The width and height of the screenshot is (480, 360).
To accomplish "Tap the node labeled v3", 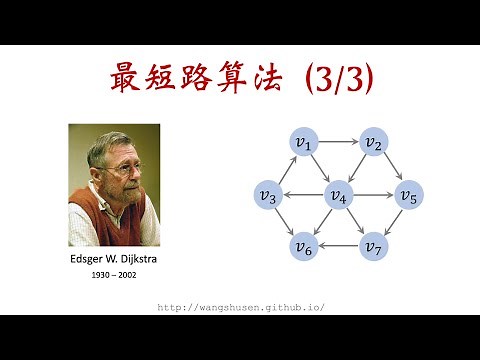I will pyautogui.click(x=268, y=194).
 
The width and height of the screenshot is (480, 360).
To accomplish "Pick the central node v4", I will pyautogui.click(x=338, y=194).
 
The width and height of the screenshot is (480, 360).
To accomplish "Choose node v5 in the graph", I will pyautogui.click(x=408, y=194).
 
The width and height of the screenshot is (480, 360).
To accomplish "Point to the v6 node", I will pyautogui.click(x=303, y=246).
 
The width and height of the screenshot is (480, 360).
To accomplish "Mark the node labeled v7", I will pyautogui.click(x=373, y=246).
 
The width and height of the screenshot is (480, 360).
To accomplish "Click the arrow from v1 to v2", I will pyautogui.click(x=338, y=143).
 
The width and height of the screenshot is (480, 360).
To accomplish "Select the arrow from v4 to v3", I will pyautogui.click(x=303, y=194).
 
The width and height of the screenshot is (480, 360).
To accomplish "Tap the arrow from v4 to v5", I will pyautogui.click(x=373, y=194).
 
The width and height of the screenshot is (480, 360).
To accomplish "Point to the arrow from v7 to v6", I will pyautogui.click(x=338, y=246).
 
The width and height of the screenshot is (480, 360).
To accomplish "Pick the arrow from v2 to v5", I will pyautogui.click(x=391, y=169).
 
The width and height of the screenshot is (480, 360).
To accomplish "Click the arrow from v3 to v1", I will pyautogui.click(x=285, y=169).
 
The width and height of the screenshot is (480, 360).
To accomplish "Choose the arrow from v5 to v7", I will pyautogui.click(x=391, y=220).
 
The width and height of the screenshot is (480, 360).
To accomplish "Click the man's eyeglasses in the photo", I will pyautogui.click(x=121, y=167).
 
